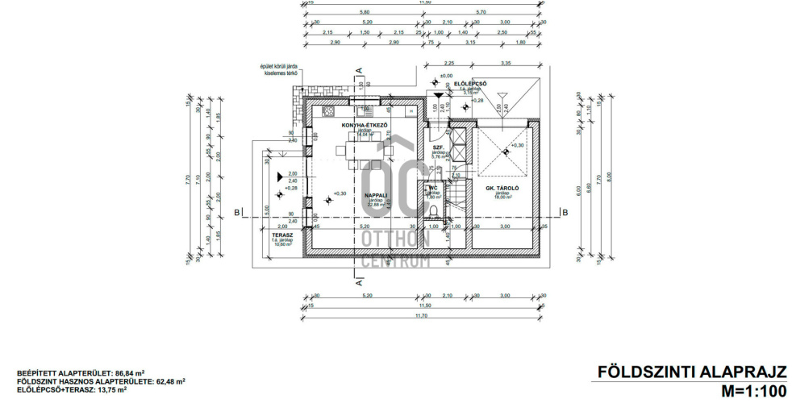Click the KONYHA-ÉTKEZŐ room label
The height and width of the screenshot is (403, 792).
point(365,126)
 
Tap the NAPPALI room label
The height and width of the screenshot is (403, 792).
point(375,195)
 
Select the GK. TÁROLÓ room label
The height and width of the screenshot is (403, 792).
point(502,189)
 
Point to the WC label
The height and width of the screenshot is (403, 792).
point(432,188)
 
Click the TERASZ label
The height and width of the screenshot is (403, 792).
point(282,236)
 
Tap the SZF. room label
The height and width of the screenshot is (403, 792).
point(437,147)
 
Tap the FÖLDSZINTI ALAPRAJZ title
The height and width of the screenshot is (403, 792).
point(691,372)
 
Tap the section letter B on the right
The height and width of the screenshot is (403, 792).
point(566,212)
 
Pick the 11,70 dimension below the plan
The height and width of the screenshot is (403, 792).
point(423,316)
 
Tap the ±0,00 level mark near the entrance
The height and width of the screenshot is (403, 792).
point(447,76)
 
